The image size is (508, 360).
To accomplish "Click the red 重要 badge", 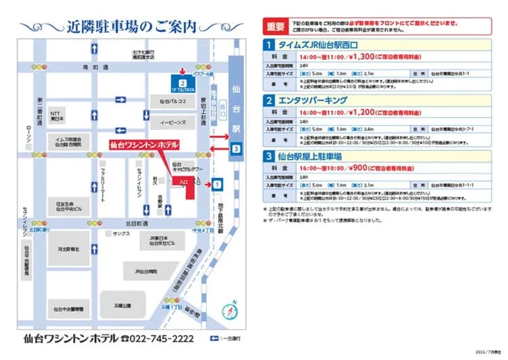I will point(276,27).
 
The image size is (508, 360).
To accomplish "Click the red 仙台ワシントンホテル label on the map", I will point(144,145).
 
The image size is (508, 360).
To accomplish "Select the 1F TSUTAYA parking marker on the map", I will point(182,85).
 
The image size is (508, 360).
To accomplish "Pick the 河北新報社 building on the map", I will point(68,249).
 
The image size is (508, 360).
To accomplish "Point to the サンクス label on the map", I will point(121,233).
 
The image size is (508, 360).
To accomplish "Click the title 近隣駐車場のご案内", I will point(132,27).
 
